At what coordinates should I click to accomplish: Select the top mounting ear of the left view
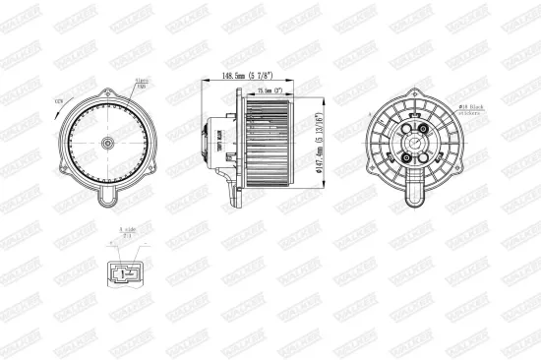105,86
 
